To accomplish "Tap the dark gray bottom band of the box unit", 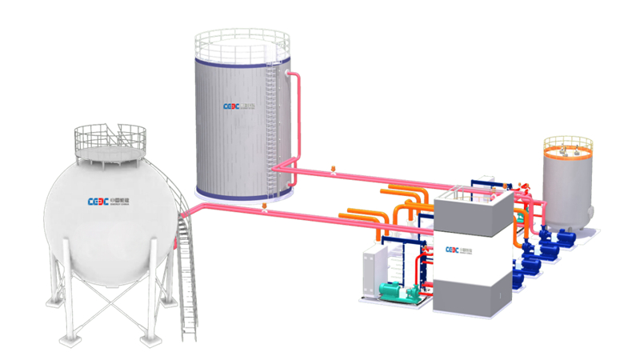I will coord(472,292).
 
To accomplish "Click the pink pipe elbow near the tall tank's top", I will coord(298,78).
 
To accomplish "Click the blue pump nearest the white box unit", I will coord(519,276).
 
